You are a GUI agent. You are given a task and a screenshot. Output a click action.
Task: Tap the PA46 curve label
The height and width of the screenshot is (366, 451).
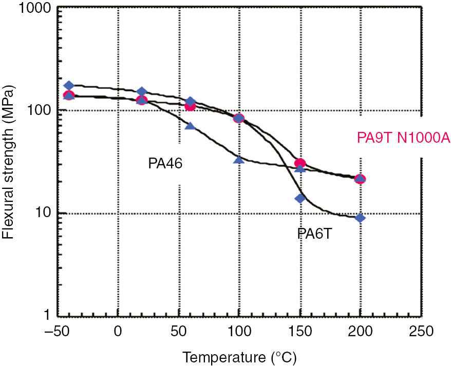coord(163,164)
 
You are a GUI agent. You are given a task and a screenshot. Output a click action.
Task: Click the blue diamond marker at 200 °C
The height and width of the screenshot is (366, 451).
coord(360,218)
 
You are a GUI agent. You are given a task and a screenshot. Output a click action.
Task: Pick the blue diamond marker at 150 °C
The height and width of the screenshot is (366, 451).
coord(300,198)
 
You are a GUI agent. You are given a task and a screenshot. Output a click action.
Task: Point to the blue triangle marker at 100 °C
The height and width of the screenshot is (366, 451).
coord(239,160)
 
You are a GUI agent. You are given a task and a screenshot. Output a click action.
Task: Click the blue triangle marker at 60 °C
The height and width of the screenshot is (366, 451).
coord(190,126)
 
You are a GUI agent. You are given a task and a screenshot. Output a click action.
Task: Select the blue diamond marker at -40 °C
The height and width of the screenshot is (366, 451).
coord(69,86)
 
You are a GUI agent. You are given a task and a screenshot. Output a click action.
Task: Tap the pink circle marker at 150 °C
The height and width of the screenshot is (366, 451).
coord(300,163)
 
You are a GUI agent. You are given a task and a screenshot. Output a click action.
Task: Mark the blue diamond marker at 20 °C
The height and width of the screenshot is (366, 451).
coord(142,92)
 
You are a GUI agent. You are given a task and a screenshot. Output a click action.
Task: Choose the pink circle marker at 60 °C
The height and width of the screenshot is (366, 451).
coord(190,106)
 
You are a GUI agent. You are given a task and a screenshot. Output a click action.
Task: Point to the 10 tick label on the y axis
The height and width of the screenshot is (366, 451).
coord(43,213)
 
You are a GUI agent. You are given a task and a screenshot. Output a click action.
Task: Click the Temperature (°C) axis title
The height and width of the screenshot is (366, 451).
coord(239,355)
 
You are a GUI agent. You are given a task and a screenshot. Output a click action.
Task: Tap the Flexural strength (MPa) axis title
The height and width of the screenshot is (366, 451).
coord(9,163)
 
